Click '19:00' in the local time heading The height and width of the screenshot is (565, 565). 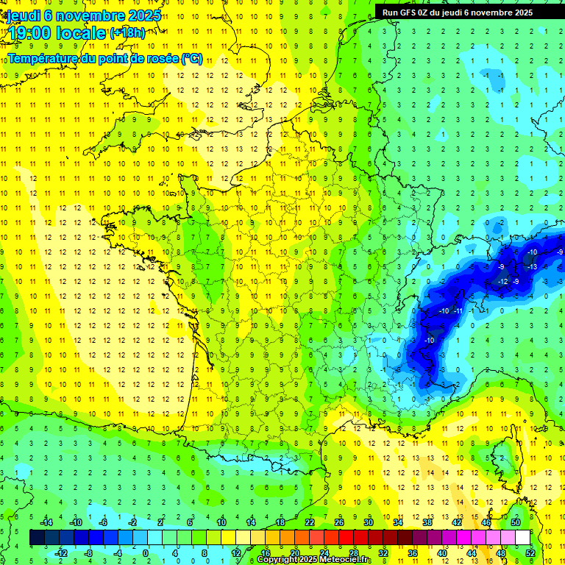click(31, 32)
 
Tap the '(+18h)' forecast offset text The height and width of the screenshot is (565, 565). click(127, 33)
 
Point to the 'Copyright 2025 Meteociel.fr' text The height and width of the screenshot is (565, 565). click(314, 560)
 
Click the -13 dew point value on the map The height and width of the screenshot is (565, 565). click(532, 266)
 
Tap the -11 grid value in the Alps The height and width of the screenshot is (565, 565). click(458, 311)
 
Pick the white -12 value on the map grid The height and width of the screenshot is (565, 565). click(502, 282)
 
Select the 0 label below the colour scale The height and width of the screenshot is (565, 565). click(145, 552)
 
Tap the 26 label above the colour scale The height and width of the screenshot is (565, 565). click(339, 522)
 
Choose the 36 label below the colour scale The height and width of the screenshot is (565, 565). click(412, 552)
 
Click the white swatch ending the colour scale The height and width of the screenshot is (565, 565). click(522, 538)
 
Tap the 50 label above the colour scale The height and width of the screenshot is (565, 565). click(515, 522)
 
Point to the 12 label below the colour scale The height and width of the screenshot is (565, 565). click(235, 552)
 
